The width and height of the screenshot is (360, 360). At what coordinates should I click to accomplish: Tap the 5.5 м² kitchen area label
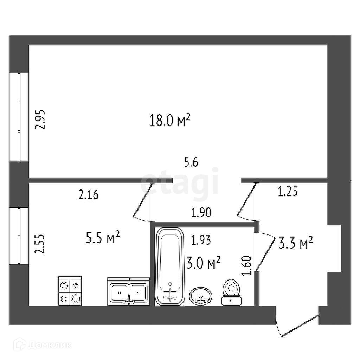pos(103,238)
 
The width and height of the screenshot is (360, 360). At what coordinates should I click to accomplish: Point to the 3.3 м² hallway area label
pos(296,243)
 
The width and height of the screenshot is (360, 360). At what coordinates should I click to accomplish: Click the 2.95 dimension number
pos(41,120)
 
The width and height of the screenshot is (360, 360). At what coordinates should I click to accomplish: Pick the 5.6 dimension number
pos(191,162)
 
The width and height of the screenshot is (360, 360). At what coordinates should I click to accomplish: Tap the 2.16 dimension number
pos(88,195)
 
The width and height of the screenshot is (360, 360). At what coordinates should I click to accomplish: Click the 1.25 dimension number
pos(288,192)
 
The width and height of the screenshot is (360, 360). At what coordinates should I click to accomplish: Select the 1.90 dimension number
pos(201,213)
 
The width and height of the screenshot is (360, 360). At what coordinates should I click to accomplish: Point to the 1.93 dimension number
pos(201,240)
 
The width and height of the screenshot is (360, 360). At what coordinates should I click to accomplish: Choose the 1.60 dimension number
pos(247,266)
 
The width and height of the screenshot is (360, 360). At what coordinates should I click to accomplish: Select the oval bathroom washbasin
pos(201,296)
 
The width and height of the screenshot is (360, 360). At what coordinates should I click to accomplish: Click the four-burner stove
pos(70,290)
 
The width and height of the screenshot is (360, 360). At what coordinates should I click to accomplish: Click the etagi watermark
pos(180,183)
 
